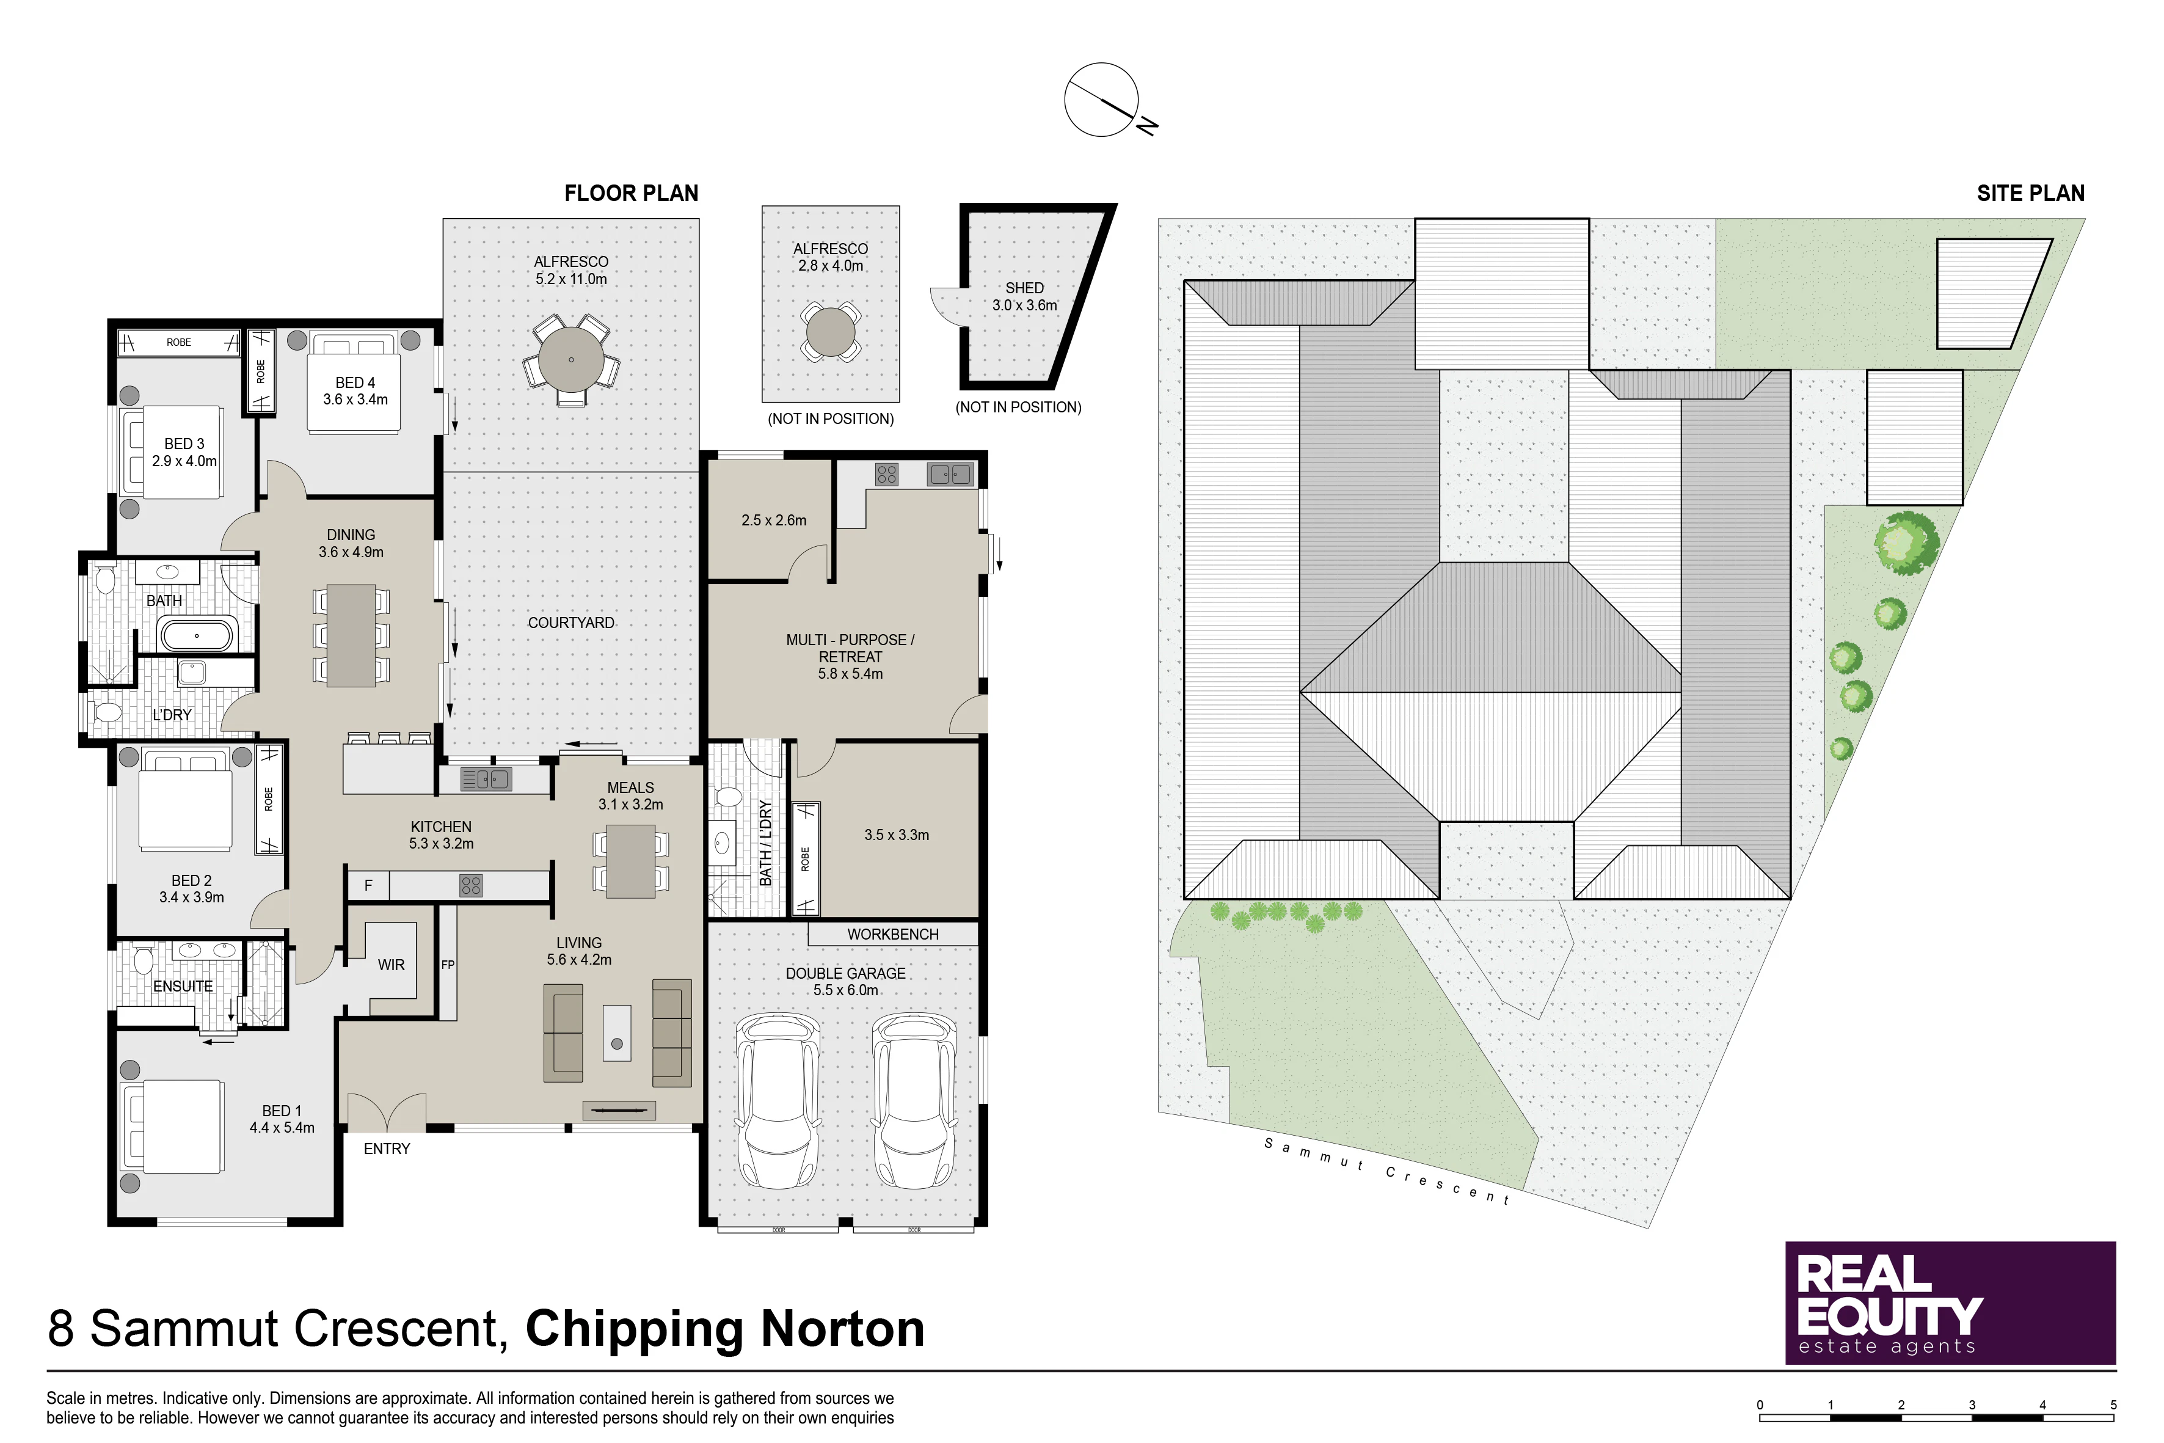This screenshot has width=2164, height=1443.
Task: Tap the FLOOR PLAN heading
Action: (631, 193)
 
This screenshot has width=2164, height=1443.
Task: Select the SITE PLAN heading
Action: (2031, 193)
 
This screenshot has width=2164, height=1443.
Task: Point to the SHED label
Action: (1024, 288)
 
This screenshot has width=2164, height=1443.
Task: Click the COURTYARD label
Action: (570, 623)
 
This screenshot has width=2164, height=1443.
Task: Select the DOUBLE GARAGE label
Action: (845, 974)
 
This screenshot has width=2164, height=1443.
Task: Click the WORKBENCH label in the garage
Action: (892, 934)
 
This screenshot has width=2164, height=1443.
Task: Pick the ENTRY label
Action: (387, 1149)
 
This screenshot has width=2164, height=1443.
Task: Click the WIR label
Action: (391, 965)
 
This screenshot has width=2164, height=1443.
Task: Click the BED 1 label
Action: (282, 1111)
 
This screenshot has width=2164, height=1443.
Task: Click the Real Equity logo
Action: (1951, 1303)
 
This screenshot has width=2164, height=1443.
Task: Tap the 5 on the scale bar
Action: (2113, 1405)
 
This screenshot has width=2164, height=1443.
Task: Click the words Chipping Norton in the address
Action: (725, 1329)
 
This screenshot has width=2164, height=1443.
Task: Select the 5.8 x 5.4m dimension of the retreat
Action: (850, 674)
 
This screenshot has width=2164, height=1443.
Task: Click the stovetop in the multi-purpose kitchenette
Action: (887, 474)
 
